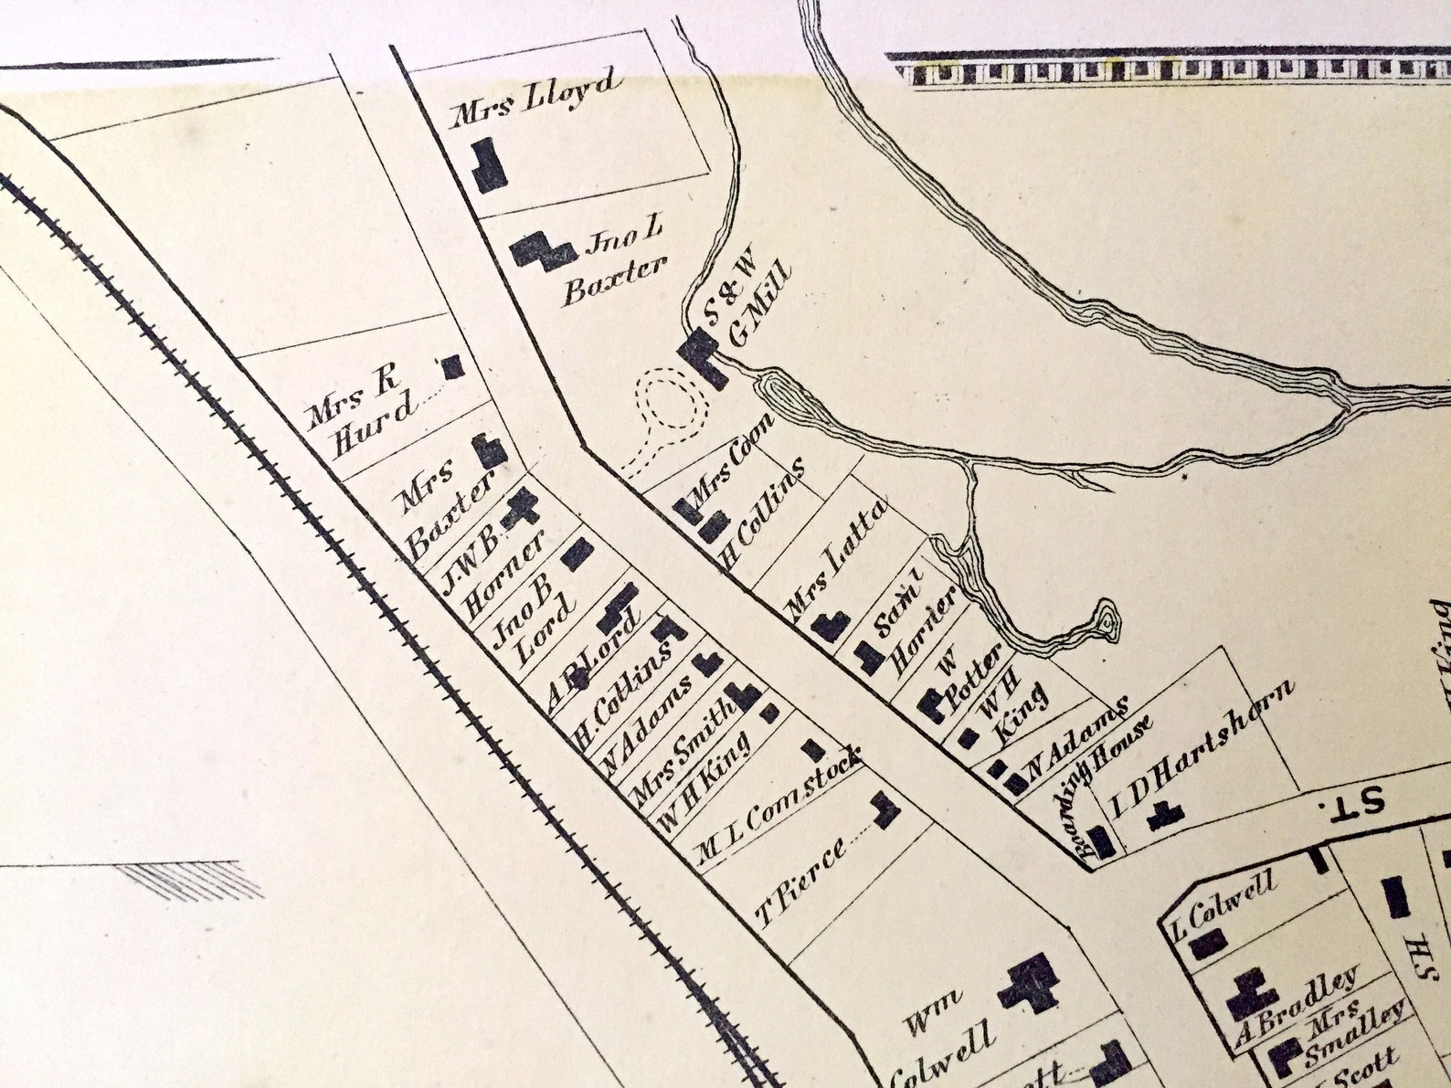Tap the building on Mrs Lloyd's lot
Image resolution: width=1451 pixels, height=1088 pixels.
pyautogui.click(x=490, y=164)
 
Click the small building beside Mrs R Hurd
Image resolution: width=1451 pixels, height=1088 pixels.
pyautogui.click(x=451, y=367)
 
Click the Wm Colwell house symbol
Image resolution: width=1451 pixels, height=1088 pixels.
pyautogui.click(x=1028, y=982)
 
